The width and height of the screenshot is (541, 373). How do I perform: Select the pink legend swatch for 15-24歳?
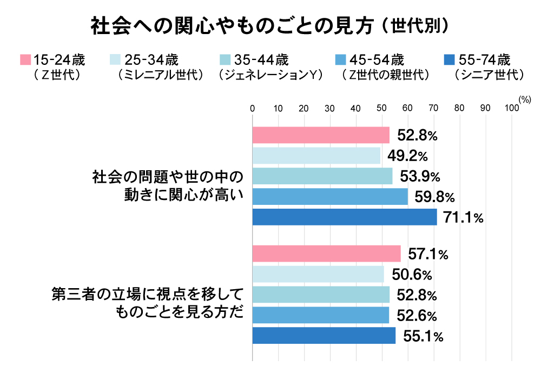24,59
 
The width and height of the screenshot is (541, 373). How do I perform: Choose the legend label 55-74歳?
483,59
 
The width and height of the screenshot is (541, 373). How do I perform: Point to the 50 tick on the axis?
382,109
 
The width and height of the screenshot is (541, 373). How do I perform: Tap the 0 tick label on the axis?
253,109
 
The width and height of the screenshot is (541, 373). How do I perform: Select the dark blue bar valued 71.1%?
345,217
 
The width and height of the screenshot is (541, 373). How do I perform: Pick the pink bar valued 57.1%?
327,254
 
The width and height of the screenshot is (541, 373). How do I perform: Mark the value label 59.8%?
434,197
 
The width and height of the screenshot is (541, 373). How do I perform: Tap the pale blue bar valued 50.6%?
318,274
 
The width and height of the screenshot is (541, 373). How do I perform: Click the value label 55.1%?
424,337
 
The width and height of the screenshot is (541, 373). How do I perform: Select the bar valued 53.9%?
322,176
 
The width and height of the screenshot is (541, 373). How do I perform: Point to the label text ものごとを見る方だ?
179,315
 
